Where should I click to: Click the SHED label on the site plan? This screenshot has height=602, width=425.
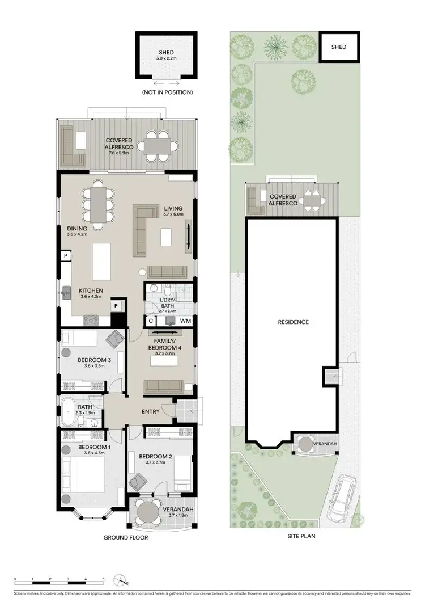(x=338, y=48)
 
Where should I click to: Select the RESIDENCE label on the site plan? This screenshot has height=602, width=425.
(x=293, y=322)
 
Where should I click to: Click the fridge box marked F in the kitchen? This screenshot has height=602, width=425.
(x=117, y=306)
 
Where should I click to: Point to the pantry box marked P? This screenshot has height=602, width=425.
(x=66, y=256)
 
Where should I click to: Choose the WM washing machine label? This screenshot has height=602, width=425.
(x=185, y=321)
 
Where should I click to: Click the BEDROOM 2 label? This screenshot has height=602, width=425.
(x=155, y=457)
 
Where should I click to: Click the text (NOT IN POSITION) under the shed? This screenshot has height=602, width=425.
(x=167, y=92)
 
